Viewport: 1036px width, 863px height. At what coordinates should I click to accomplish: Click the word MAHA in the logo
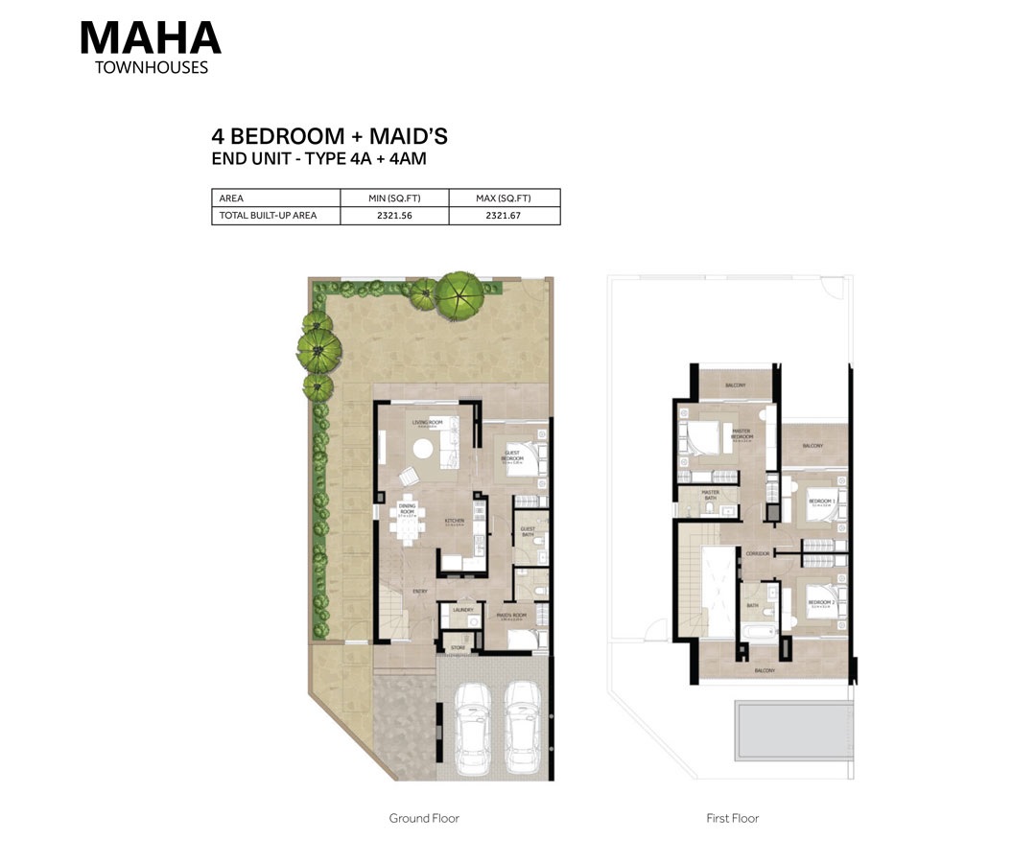pyautogui.click(x=150, y=37)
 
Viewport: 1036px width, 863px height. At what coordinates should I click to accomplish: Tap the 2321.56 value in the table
pyautogui.click(x=394, y=216)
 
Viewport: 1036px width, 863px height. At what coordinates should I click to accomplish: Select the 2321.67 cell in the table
pyautogui.click(x=504, y=216)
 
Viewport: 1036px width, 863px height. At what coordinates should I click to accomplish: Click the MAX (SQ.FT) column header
pyautogui.click(x=504, y=198)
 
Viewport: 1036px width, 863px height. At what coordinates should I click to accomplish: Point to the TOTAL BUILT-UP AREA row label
pyautogui.click(x=268, y=216)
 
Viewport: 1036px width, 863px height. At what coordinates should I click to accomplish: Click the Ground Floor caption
pyautogui.click(x=424, y=818)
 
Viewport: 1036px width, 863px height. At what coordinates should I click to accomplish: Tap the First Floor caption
pyautogui.click(x=732, y=818)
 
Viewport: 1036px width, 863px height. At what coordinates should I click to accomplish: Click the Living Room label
pyautogui.click(x=427, y=422)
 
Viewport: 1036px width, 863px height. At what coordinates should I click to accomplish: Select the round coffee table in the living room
pyautogui.click(x=423, y=447)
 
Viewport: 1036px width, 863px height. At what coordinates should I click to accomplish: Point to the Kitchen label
pyautogui.click(x=454, y=521)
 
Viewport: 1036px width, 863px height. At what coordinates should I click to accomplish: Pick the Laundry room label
pyautogui.click(x=463, y=609)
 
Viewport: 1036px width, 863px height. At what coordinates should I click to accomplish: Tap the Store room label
pyautogui.click(x=459, y=648)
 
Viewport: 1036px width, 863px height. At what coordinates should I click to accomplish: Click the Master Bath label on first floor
pyautogui.click(x=710, y=494)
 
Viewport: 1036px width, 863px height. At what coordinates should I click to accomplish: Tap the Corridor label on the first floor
pyautogui.click(x=757, y=553)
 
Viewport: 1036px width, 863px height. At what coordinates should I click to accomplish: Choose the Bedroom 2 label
pyautogui.click(x=821, y=501)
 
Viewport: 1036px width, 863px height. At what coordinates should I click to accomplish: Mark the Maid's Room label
pyautogui.click(x=513, y=616)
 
